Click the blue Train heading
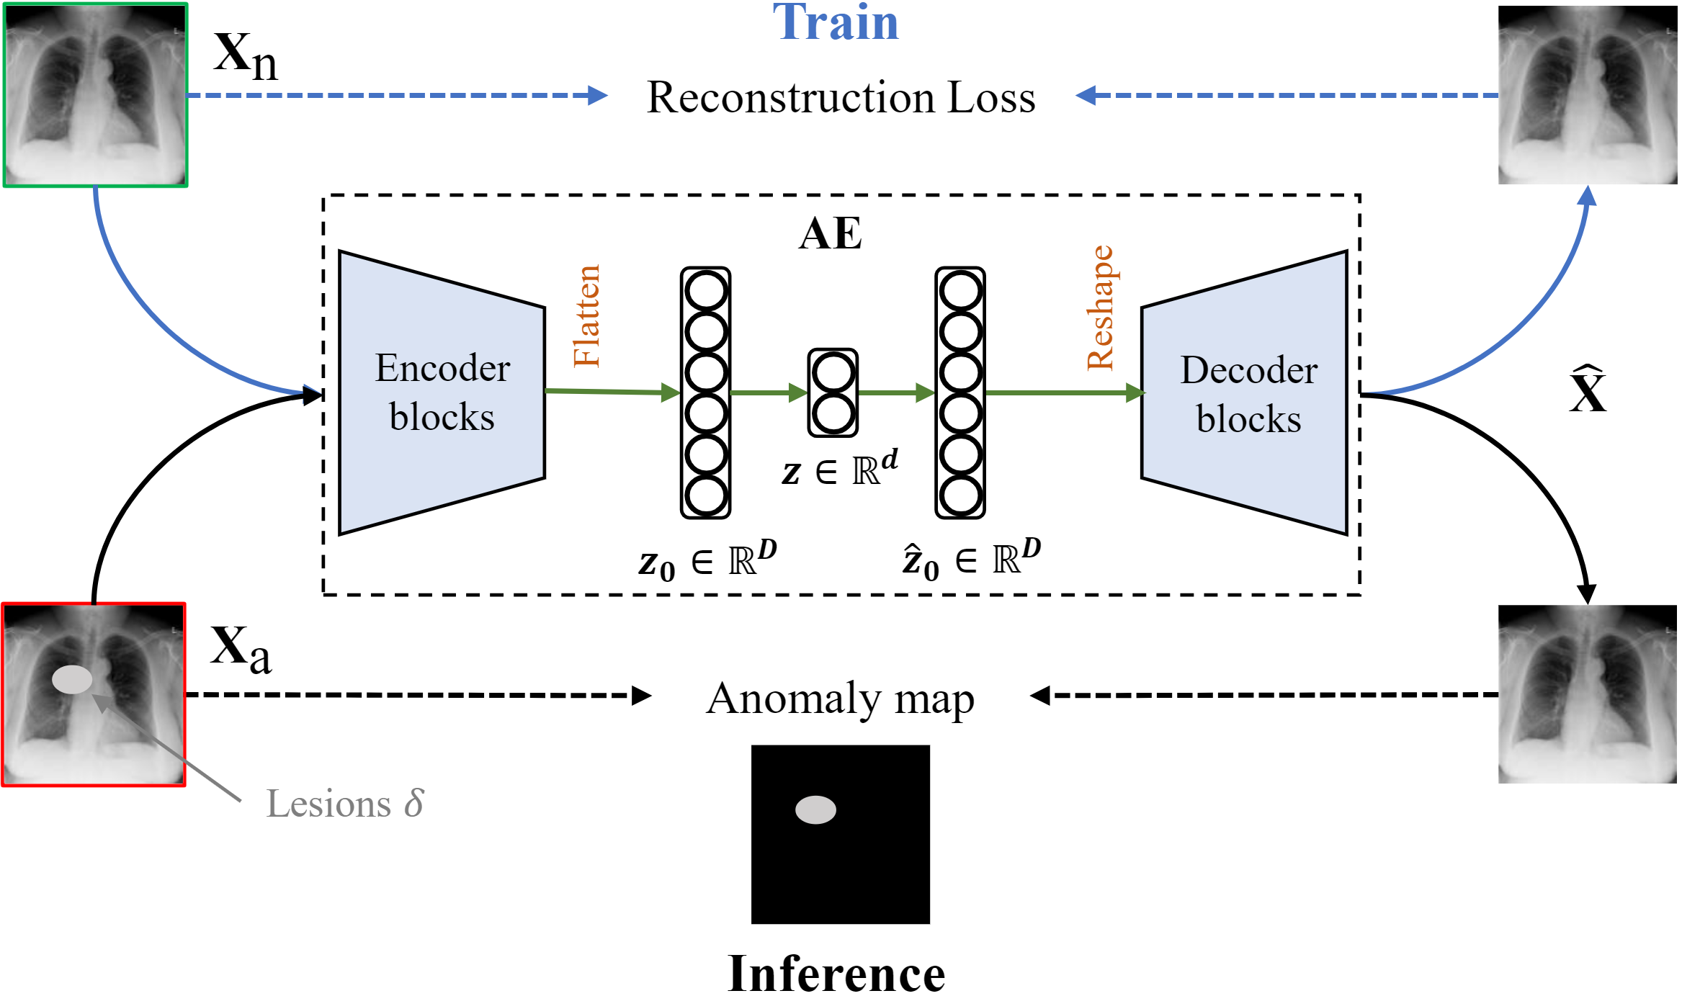[836, 23]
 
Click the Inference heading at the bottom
[836, 974]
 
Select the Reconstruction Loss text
[841, 97]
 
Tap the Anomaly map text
[840, 699]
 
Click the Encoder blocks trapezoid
[442, 392]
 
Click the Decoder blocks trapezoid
[1245, 392]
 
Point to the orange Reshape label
[1100, 308]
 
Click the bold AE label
[830, 233]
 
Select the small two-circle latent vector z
[833, 392]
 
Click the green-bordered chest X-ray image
[95, 95]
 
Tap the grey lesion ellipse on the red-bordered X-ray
[72, 679]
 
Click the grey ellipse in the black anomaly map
[815, 809]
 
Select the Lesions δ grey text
[344, 804]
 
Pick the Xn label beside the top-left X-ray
[245, 56]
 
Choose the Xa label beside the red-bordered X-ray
[241, 650]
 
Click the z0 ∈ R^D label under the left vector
[707, 561]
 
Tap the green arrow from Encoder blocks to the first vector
[612, 392]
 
